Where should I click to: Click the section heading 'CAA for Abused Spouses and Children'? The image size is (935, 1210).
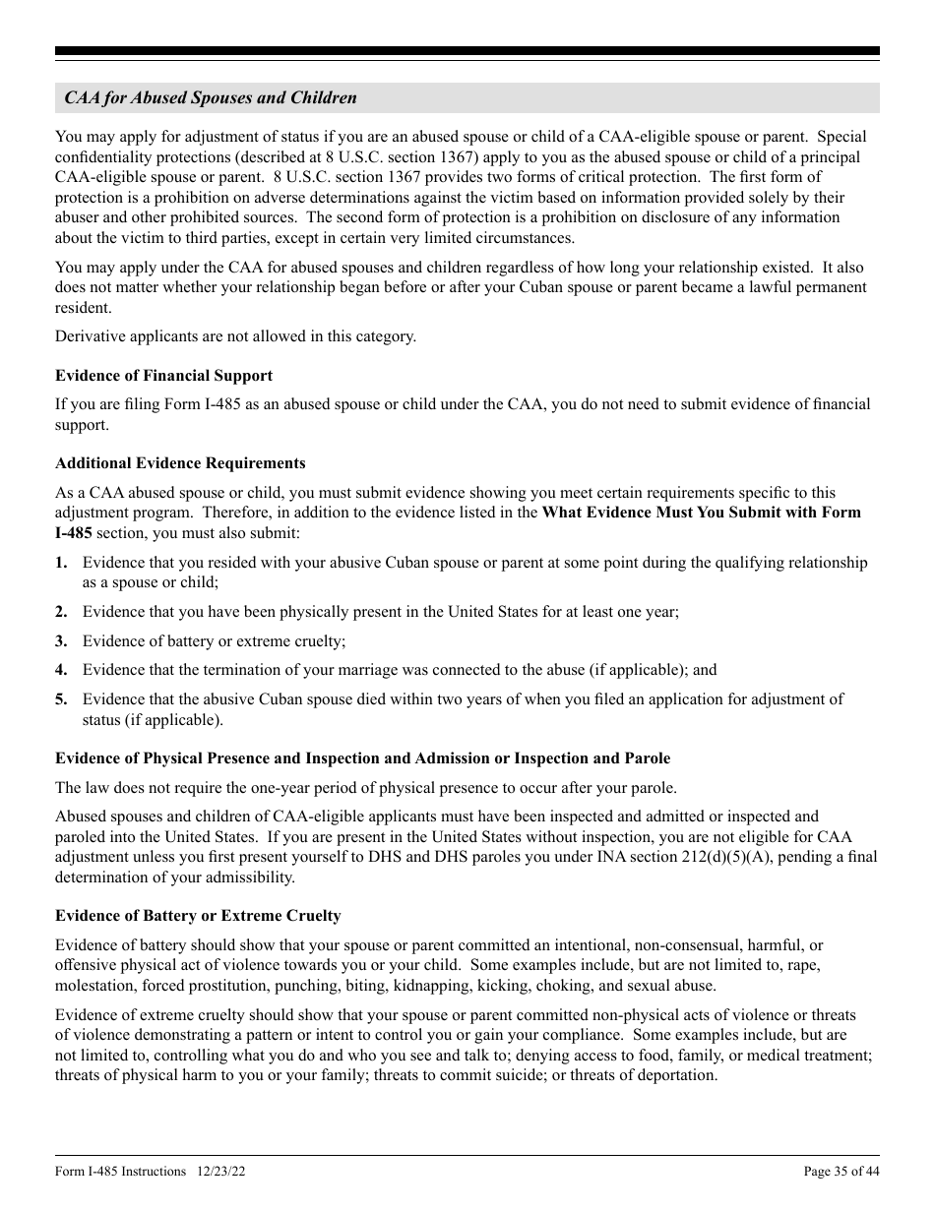[x=211, y=98]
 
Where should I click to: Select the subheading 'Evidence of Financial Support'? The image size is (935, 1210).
[x=163, y=376]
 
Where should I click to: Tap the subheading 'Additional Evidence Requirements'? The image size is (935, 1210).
[x=180, y=463]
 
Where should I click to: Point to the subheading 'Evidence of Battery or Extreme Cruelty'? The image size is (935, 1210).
[x=198, y=916]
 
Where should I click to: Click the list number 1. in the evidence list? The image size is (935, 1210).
[x=61, y=563]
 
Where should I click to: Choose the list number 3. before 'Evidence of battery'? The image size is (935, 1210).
[x=61, y=640]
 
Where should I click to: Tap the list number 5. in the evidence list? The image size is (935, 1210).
[x=61, y=699]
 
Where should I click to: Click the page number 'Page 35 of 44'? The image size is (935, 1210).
[x=841, y=1172]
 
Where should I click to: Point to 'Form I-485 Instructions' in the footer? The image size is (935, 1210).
[x=121, y=1172]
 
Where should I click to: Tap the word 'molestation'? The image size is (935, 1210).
[x=94, y=986]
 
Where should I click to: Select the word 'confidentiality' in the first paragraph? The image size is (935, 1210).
[x=105, y=157]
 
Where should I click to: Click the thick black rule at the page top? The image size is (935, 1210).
[x=467, y=51]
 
